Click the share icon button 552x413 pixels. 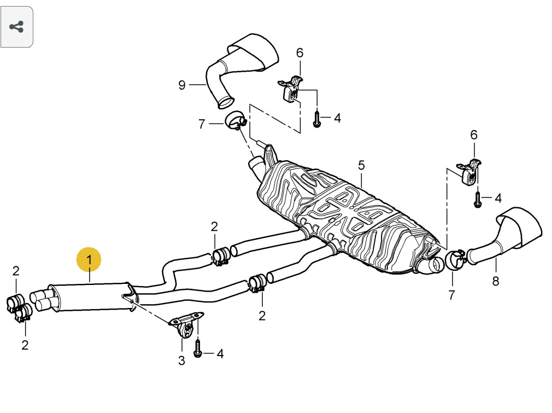pyautogui.click(x=17, y=27)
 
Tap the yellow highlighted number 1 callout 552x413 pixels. pyautogui.click(x=89, y=259)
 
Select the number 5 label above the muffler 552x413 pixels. pyautogui.click(x=361, y=165)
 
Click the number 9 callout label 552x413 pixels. pyautogui.click(x=182, y=85)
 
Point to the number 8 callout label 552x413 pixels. pyautogui.click(x=496, y=281)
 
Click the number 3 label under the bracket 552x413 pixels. pyautogui.click(x=181, y=360)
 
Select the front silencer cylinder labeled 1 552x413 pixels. pyautogui.click(x=90, y=297)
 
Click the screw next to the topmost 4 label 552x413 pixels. pyautogui.click(x=317, y=119)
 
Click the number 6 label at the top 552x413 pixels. pyautogui.click(x=300, y=53)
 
